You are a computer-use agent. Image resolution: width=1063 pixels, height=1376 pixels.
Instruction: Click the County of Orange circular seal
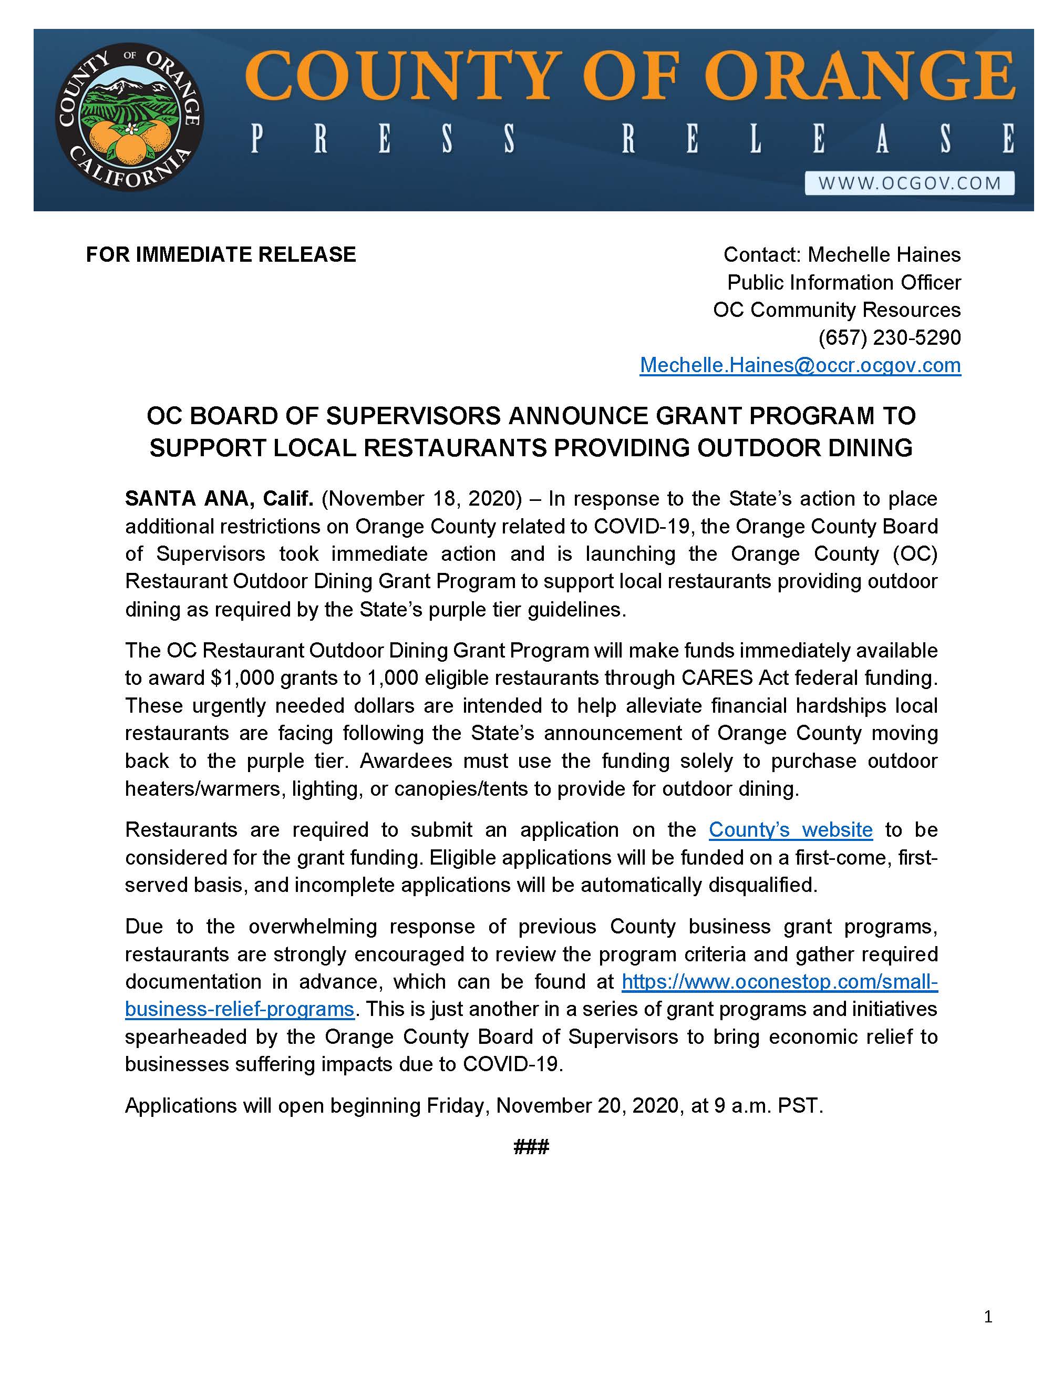pos(129,118)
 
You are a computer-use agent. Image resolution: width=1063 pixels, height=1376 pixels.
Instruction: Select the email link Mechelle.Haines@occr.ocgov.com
pos(800,365)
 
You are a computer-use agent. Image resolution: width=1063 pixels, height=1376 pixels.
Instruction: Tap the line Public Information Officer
pos(843,282)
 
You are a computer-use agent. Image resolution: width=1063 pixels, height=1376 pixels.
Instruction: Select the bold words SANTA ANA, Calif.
pos(219,498)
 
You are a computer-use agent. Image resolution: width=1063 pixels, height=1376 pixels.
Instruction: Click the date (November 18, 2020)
pos(422,498)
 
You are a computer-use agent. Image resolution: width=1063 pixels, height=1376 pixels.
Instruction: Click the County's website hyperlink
pos(790,830)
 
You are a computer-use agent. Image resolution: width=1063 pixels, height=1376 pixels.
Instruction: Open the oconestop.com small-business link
pos(779,982)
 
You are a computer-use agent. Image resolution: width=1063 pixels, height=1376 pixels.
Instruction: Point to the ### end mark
pos(531,1146)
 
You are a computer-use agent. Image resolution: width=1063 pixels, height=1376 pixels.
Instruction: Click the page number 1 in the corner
pos(987,1316)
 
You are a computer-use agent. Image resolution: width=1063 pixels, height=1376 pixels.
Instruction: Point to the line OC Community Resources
pos(837,310)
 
